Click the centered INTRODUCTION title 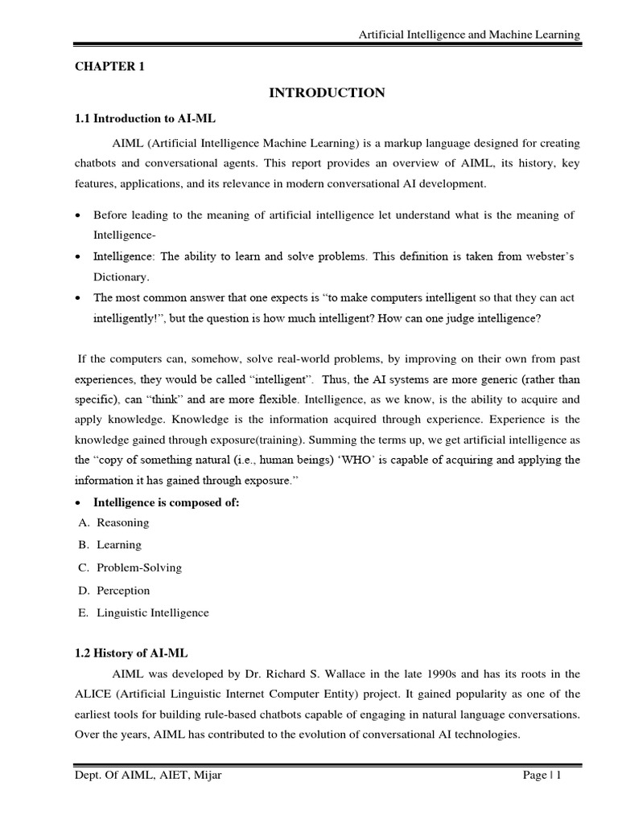click(x=327, y=93)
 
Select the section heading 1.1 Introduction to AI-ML click(x=146, y=118)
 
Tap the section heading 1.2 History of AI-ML click(x=131, y=653)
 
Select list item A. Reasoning click(x=114, y=522)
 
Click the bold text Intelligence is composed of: click(x=167, y=502)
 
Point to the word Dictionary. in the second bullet click(x=122, y=276)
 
